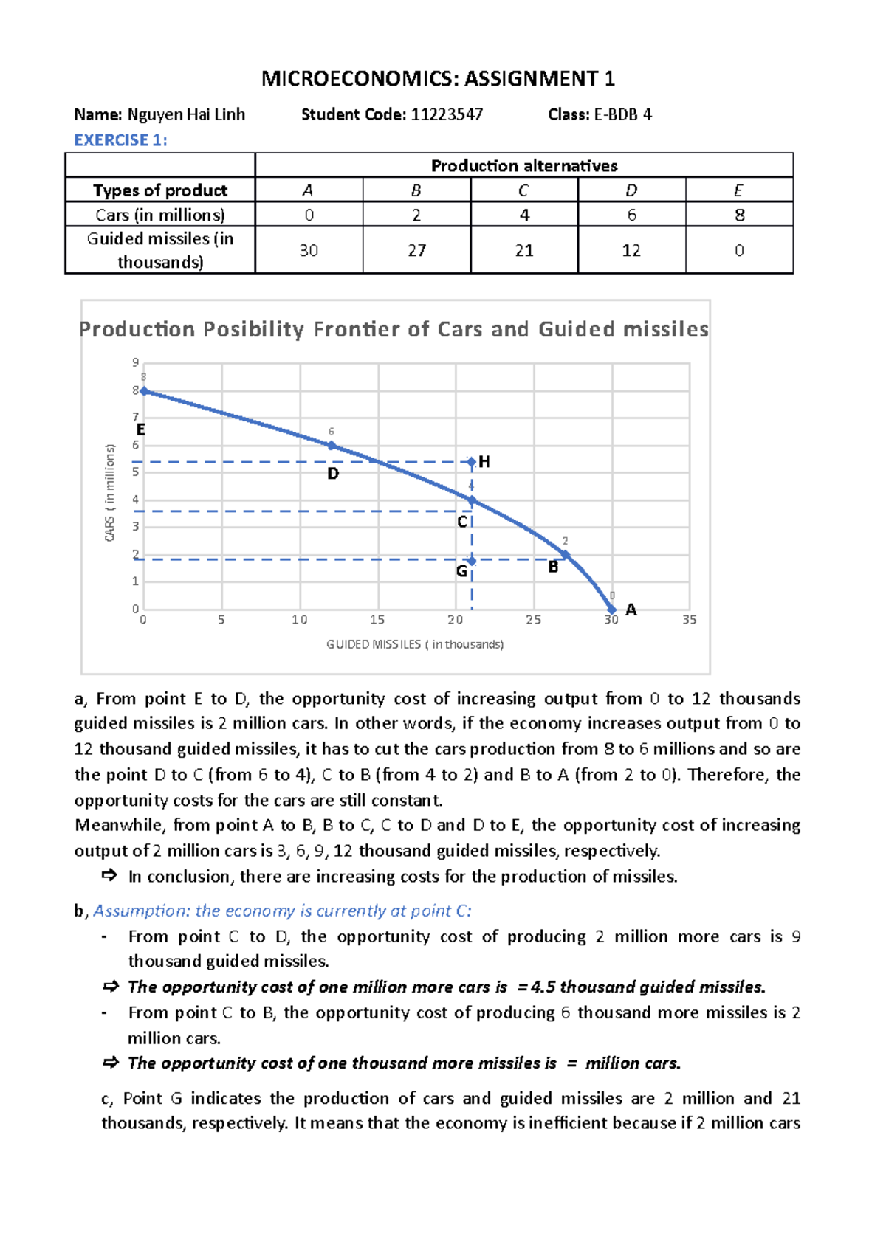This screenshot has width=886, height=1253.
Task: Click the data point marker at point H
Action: [472, 463]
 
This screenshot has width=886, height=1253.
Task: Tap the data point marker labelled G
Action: [472, 561]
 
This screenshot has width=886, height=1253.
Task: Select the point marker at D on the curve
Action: [332, 446]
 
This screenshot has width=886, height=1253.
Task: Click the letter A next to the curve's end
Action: [631, 610]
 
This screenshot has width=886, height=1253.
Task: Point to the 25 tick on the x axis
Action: [533, 620]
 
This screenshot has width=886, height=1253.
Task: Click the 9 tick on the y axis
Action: [135, 362]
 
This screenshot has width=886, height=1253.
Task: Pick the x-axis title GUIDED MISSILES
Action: [415, 644]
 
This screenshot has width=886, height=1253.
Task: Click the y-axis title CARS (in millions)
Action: [110, 492]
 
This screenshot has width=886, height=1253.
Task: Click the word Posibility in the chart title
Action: [253, 329]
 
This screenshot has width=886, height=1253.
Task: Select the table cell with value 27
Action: [416, 250]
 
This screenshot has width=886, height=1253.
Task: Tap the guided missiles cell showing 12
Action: [631, 250]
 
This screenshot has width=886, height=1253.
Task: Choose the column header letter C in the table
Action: [523, 190]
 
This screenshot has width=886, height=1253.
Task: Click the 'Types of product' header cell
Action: [160, 190]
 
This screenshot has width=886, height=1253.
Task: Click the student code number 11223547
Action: [447, 114]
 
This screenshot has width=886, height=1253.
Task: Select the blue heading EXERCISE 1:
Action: [120, 140]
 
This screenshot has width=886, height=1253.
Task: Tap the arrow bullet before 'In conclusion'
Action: [109, 876]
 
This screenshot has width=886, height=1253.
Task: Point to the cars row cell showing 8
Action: [739, 215]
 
